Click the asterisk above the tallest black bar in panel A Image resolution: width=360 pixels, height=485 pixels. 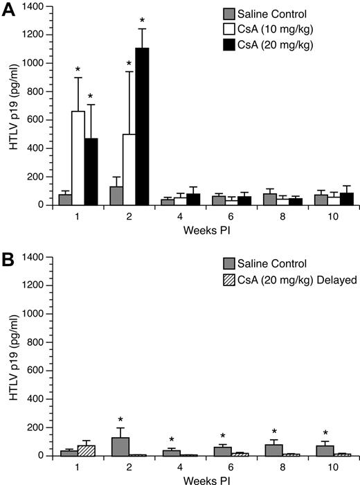tap(141, 20)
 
